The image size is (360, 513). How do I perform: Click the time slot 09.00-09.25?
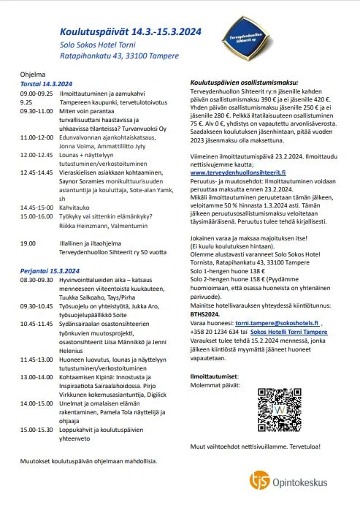tap(36, 94)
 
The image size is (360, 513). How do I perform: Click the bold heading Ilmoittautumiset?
tap(214, 375)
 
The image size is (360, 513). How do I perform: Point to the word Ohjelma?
tap(32, 75)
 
